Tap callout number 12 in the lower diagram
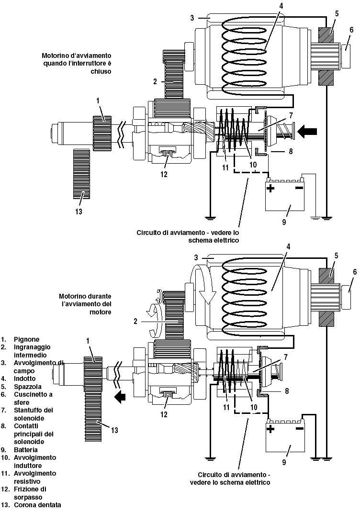tap(164, 414)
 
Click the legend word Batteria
tap(26, 450)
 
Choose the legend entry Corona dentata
tap(37, 505)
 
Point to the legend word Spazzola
tap(27, 387)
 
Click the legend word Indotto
tap(25, 378)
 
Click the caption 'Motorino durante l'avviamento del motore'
tap(85, 304)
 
